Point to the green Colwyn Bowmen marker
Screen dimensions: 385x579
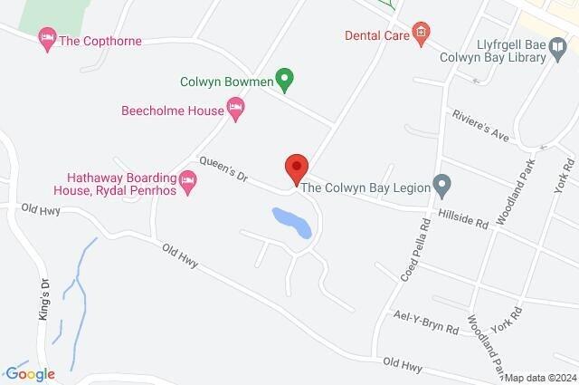(285, 82)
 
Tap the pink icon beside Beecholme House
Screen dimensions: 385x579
(235, 111)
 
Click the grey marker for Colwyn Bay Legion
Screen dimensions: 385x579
(442, 188)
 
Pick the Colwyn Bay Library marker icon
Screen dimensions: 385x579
(561, 56)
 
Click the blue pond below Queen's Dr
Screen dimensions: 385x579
(292, 222)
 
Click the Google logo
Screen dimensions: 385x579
(29, 373)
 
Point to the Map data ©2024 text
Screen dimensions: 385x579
(540, 378)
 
